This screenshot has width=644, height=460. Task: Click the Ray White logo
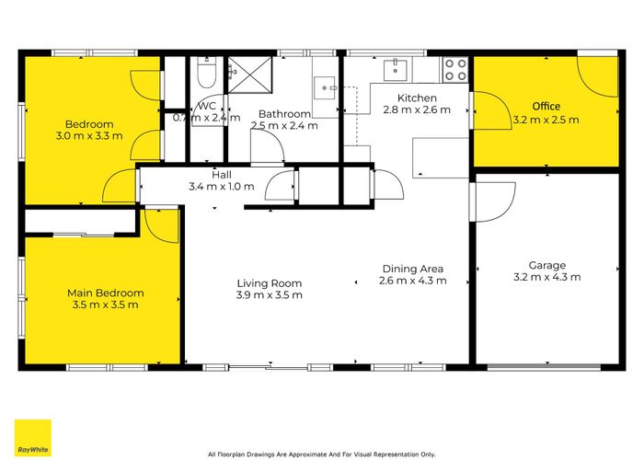coord(32,438)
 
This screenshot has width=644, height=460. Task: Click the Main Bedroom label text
coord(105,293)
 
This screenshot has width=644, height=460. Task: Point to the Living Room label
coord(269,283)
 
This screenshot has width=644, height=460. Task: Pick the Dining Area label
coord(414,269)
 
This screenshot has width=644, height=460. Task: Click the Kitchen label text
coord(417,98)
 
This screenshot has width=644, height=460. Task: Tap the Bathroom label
coord(284,113)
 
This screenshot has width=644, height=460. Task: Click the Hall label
coord(222,174)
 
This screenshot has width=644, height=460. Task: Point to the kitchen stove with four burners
coord(455,69)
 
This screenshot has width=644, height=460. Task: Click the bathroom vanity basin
coord(326,86)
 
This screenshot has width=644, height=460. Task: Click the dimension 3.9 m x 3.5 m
coord(269,295)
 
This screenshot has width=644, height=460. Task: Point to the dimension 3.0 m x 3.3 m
coord(89,136)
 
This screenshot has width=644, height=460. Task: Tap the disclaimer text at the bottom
coord(321,453)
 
